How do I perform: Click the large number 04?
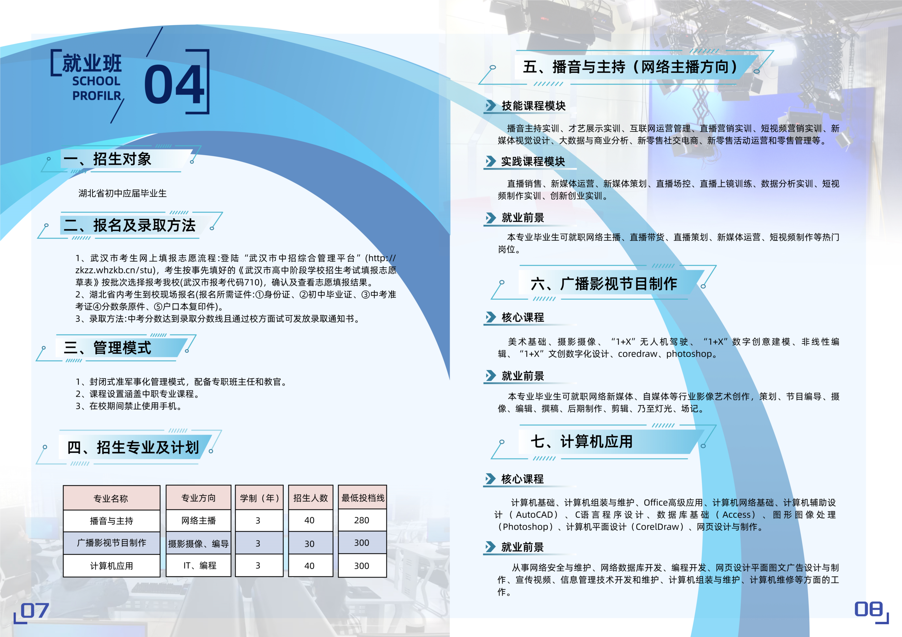coord(174,84)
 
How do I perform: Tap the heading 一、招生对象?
coord(107,159)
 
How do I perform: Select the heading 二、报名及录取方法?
coord(130,225)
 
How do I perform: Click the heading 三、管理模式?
coord(107,348)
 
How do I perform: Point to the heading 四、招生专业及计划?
coord(133,447)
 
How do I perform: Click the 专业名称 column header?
coord(111,498)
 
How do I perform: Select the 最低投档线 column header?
coord(363,498)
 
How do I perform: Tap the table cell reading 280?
coord(362,521)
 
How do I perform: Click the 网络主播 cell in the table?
coord(198,521)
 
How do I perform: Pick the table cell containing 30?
coord(310,544)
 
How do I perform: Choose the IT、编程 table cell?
coord(199,565)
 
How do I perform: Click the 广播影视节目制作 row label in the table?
coord(112,543)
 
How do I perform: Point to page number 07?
coord(34,611)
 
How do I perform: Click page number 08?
coord(869,609)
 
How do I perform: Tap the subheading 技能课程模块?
coord(533,106)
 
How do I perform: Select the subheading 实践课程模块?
coord(533,161)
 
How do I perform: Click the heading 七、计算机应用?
coord(581,441)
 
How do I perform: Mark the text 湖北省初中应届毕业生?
coord(122,193)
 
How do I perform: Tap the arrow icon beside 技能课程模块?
coord(491,106)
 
